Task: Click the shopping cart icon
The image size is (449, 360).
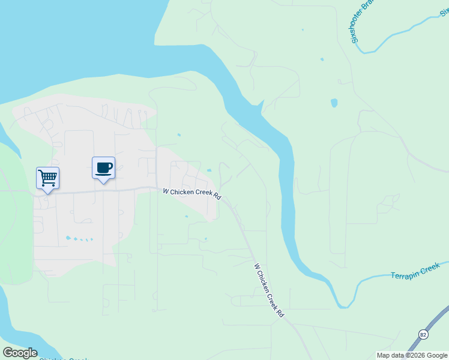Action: coord(47,178)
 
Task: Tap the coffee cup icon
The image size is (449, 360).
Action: coord(103,167)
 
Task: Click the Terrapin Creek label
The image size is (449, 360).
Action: coord(415,271)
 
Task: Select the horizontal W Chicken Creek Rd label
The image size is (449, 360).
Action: coord(192,194)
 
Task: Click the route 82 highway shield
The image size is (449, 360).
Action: coord(424,334)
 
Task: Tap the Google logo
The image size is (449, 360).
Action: coord(20,353)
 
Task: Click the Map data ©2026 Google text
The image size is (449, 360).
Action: coord(412,355)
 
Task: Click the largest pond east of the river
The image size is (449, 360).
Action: coord(334,103)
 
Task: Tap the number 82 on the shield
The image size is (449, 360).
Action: coord(424,334)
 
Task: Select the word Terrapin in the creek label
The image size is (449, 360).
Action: coord(404,274)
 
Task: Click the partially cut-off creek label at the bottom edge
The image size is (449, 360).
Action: coord(63,358)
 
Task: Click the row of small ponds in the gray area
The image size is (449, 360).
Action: coord(79,239)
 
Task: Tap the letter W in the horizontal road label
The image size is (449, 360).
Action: coord(166,191)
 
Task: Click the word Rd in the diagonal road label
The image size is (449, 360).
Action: coord(280,313)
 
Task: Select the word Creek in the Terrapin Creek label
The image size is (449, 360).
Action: coord(430,268)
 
